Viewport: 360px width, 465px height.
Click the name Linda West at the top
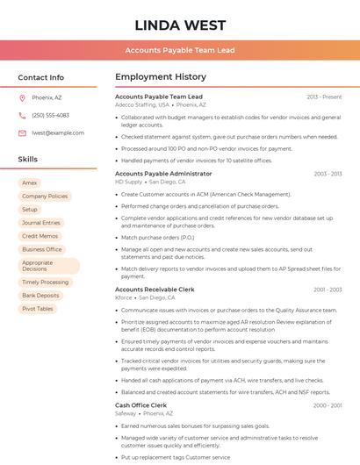pyautogui.click(x=180, y=25)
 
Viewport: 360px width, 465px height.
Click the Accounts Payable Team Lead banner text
pyautogui.click(x=180, y=51)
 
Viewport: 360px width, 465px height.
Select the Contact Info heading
pyautogui.click(x=41, y=77)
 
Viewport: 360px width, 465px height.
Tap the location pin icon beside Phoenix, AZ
pyautogui.click(x=22, y=97)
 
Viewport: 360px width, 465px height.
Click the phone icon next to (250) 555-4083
pyautogui.click(x=22, y=115)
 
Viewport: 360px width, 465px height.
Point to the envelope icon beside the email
pyautogui.click(x=22, y=132)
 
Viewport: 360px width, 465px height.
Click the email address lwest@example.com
pyautogui.click(x=58, y=132)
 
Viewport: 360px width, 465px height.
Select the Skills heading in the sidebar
pyautogui.click(x=28, y=160)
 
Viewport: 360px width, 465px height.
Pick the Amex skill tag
pyautogui.click(x=30, y=182)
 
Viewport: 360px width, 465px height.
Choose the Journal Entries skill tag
pyautogui.click(x=41, y=223)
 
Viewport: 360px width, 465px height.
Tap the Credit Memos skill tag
pyautogui.click(x=40, y=236)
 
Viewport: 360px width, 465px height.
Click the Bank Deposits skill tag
pyautogui.click(x=41, y=296)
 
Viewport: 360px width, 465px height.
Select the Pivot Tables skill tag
pyautogui.click(x=38, y=309)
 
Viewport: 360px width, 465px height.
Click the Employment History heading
pyautogui.click(x=161, y=77)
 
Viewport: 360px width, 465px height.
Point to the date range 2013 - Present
pyautogui.click(x=324, y=97)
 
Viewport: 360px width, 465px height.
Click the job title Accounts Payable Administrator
pyautogui.click(x=163, y=174)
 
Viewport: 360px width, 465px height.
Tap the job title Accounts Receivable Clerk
pyautogui.click(x=155, y=289)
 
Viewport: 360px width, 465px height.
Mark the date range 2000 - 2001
pyautogui.click(x=327, y=405)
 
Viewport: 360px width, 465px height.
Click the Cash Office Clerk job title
pyautogui.click(x=140, y=405)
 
